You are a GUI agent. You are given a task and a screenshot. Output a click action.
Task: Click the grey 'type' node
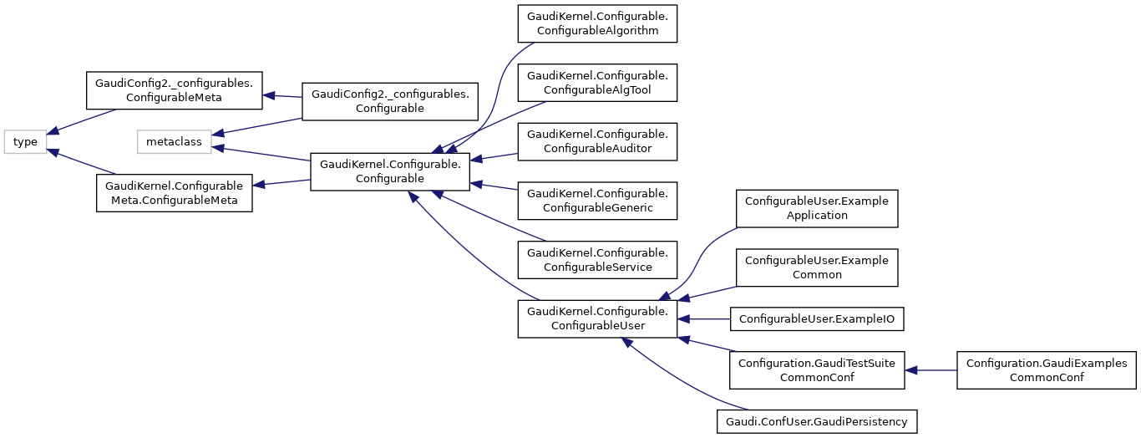point(25,142)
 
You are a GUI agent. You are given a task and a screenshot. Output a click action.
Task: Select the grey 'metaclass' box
point(174,142)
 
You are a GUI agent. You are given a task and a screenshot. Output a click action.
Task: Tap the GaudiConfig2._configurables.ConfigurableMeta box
point(175,90)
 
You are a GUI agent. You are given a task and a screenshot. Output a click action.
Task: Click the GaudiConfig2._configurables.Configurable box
point(390,100)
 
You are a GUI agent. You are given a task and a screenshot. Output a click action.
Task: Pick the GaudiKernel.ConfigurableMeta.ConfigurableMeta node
point(175,192)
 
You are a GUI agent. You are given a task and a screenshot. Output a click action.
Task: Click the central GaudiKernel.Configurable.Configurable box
point(390,171)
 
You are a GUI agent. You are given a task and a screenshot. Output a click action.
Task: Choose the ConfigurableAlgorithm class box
point(596,23)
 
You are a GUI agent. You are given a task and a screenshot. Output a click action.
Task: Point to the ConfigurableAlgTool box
point(596,82)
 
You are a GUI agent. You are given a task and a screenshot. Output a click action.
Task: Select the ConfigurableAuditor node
point(596,140)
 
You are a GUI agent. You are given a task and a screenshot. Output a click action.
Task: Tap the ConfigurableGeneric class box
point(596,200)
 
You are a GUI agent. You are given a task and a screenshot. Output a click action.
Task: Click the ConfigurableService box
point(596,259)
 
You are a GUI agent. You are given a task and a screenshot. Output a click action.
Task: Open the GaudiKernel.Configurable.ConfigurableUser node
point(596,318)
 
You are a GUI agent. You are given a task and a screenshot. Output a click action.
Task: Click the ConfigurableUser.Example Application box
point(816,208)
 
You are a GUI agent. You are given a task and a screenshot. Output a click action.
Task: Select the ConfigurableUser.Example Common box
point(816,267)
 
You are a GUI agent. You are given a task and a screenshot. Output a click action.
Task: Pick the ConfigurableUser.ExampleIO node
point(818,318)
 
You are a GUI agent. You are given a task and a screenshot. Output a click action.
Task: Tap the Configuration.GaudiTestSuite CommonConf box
point(816,370)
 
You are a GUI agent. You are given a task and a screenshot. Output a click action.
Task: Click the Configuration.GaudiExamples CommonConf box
point(1047,370)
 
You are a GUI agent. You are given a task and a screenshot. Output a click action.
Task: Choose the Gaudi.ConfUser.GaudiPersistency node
point(816,422)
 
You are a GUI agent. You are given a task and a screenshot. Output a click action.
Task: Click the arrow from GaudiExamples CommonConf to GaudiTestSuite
point(931,370)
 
